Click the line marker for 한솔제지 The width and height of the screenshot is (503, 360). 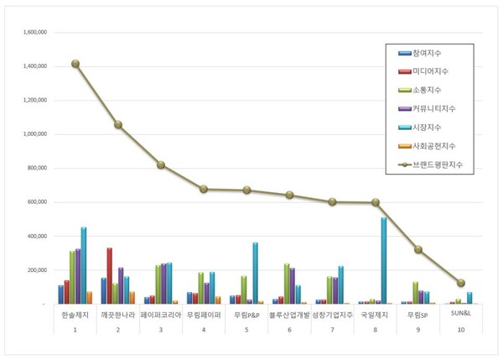[x=75, y=64]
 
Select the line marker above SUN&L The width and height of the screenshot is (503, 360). [x=461, y=283]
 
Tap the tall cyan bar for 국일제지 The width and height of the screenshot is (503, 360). [x=384, y=260]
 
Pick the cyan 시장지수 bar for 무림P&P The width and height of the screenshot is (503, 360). [x=255, y=273]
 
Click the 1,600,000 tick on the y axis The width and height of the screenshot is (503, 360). [x=35, y=32]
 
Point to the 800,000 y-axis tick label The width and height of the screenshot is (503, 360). [x=37, y=168]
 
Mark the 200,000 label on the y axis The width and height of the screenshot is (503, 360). [x=37, y=270]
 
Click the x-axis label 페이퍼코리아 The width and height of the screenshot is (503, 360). [x=161, y=314]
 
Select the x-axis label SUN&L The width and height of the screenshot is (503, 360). [x=461, y=313]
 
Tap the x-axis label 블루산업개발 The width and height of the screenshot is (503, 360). [x=289, y=314]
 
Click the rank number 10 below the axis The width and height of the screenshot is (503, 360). [x=461, y=331]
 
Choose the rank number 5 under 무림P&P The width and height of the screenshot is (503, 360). [x=246, y=331]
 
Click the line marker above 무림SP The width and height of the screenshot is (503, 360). [x=418, y=249]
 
